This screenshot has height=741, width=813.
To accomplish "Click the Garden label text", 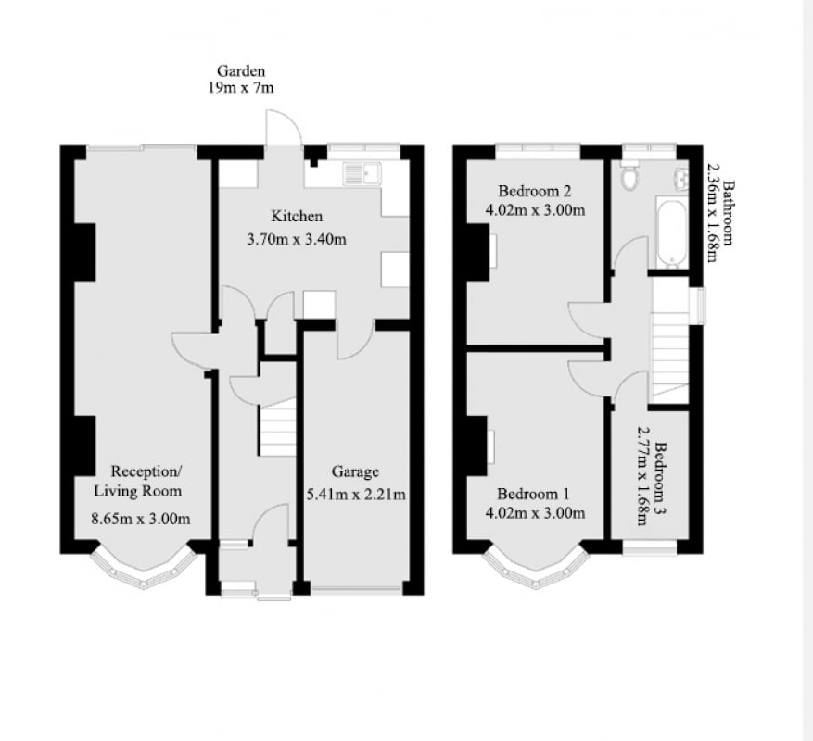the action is tap(241, 71).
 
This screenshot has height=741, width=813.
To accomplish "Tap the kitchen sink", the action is tap(362, 174).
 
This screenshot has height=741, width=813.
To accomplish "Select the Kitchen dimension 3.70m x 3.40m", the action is tap(297, 239).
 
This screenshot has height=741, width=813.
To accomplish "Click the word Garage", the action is tap(355, 472).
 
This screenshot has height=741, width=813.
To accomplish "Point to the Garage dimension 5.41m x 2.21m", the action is tap(356, 495).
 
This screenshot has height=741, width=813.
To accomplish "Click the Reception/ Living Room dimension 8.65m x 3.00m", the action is tap(141, 518).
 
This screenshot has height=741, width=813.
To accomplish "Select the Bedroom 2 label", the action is tap(535, 191).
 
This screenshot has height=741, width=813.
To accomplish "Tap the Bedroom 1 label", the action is tap(533, 494).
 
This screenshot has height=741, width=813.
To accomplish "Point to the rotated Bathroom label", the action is tap(728, 212).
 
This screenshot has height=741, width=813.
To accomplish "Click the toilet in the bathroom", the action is tap(630, 176).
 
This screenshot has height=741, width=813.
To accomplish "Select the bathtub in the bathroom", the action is tap(672, 232).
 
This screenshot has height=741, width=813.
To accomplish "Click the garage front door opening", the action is tap(356, 589).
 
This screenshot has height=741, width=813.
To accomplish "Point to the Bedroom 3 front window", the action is tap(650, 548).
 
